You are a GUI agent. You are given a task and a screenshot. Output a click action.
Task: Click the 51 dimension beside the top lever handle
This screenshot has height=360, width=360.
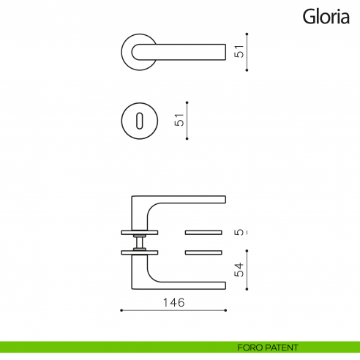(237, 51)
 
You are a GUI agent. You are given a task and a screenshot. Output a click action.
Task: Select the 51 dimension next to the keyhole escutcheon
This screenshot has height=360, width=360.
(179, 119)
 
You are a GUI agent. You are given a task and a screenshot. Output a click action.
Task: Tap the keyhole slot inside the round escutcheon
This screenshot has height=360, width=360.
(136, 119)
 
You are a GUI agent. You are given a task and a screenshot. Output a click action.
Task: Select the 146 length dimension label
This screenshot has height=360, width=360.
(173, 301)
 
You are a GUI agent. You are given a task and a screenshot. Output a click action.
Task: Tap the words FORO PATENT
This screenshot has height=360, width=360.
(268, 348)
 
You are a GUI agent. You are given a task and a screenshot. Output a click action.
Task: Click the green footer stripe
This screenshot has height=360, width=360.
(110, 348)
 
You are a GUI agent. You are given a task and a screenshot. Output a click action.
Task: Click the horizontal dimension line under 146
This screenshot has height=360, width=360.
(173, 310)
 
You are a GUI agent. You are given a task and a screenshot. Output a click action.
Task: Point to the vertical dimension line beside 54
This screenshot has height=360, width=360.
(247, 269)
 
